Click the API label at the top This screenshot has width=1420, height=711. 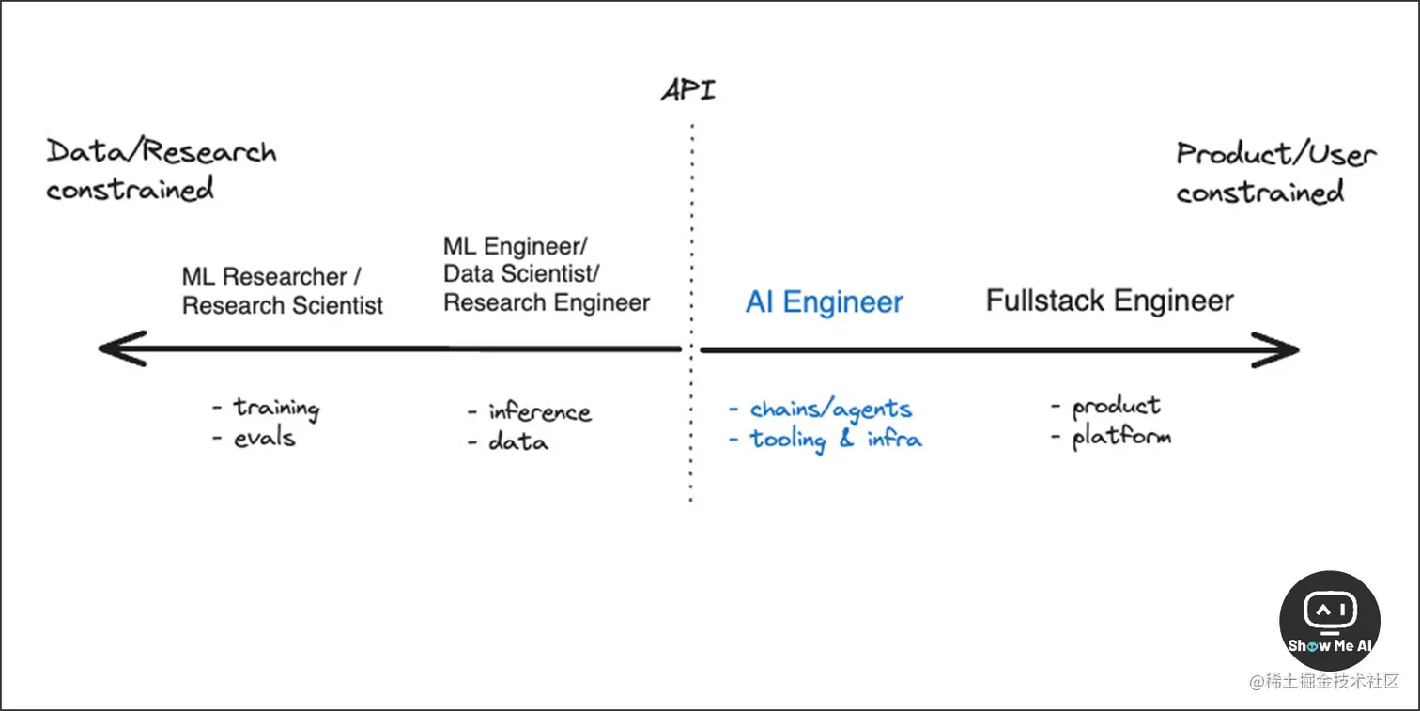coord(688,90)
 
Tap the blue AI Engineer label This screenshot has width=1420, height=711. coord(824,302)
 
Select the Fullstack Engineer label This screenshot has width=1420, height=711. coord(1109,301)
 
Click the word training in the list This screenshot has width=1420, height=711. coord(276,408)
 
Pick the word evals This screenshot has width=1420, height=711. coord(264,438)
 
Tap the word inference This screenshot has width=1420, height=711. coord(539,412)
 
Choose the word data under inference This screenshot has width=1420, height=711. coord(517,441)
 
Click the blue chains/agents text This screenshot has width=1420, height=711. coord(830,410)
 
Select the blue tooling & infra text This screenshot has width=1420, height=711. coord(835,440)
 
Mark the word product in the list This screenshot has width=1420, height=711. coord(1116,407)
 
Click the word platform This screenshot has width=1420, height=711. coord(1121,437)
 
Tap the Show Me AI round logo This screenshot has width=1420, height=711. coord(1329,620)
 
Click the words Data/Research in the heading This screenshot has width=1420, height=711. coord(162,152)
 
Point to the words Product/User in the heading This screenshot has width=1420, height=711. coord(1275,154)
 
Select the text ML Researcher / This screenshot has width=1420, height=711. coord(272,277)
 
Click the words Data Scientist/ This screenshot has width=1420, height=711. coord(521,274)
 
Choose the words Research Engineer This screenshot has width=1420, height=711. coord(547,302)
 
